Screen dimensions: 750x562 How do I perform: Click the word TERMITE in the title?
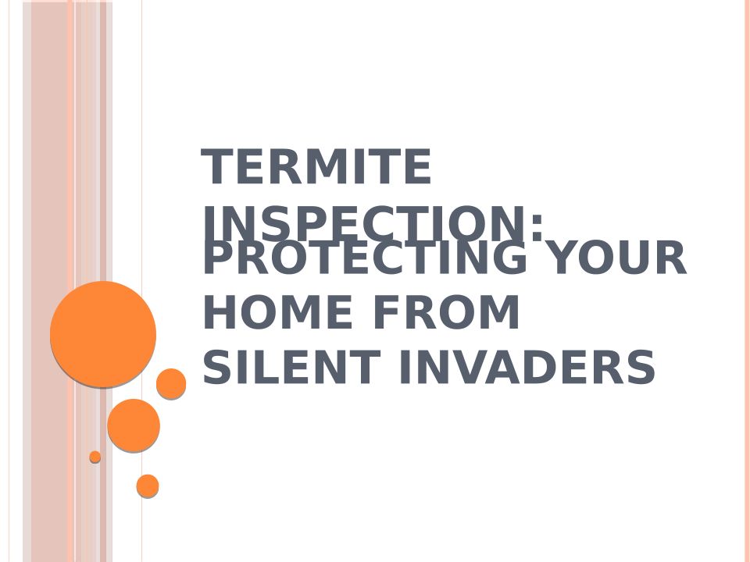pyautogui.click(x=316, y=166)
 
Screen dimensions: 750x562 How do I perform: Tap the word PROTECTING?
pyautogui.click(x=366, y=258)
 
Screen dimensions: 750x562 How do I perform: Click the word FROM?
pyautogui.click(x=446, y=312)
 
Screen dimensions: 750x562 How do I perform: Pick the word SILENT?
pyautogui.click(x=291, y=367)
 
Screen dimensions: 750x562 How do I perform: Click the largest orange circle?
pyautogui.click(x=103, y=333)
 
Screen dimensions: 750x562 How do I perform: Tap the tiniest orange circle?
pyautogui.click(x=95, y=457)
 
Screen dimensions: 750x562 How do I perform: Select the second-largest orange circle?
pyautogui.click(x=134, y=425)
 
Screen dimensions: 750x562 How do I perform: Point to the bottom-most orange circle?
pyautogui.click(x=148, y=486)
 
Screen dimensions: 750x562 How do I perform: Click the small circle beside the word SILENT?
pyautogui.click(x=171, y=383)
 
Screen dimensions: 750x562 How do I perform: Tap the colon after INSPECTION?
pyautogui.click(x=537, y=226)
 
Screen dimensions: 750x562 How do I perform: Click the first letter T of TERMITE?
pyautogui.click(x=216, y=166)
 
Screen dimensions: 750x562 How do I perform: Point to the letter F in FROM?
pyautogui.click(x=386, y=312)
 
